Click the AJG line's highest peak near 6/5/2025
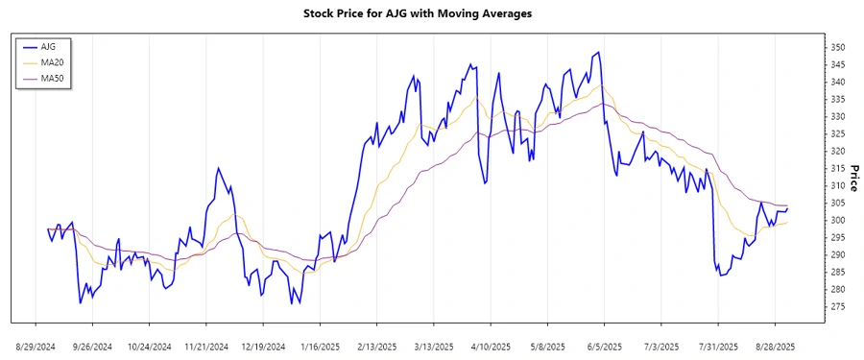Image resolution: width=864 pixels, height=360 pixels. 600,53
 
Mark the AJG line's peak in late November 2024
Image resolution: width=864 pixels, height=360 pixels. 218,169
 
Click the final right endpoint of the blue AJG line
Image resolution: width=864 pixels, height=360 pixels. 788,207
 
